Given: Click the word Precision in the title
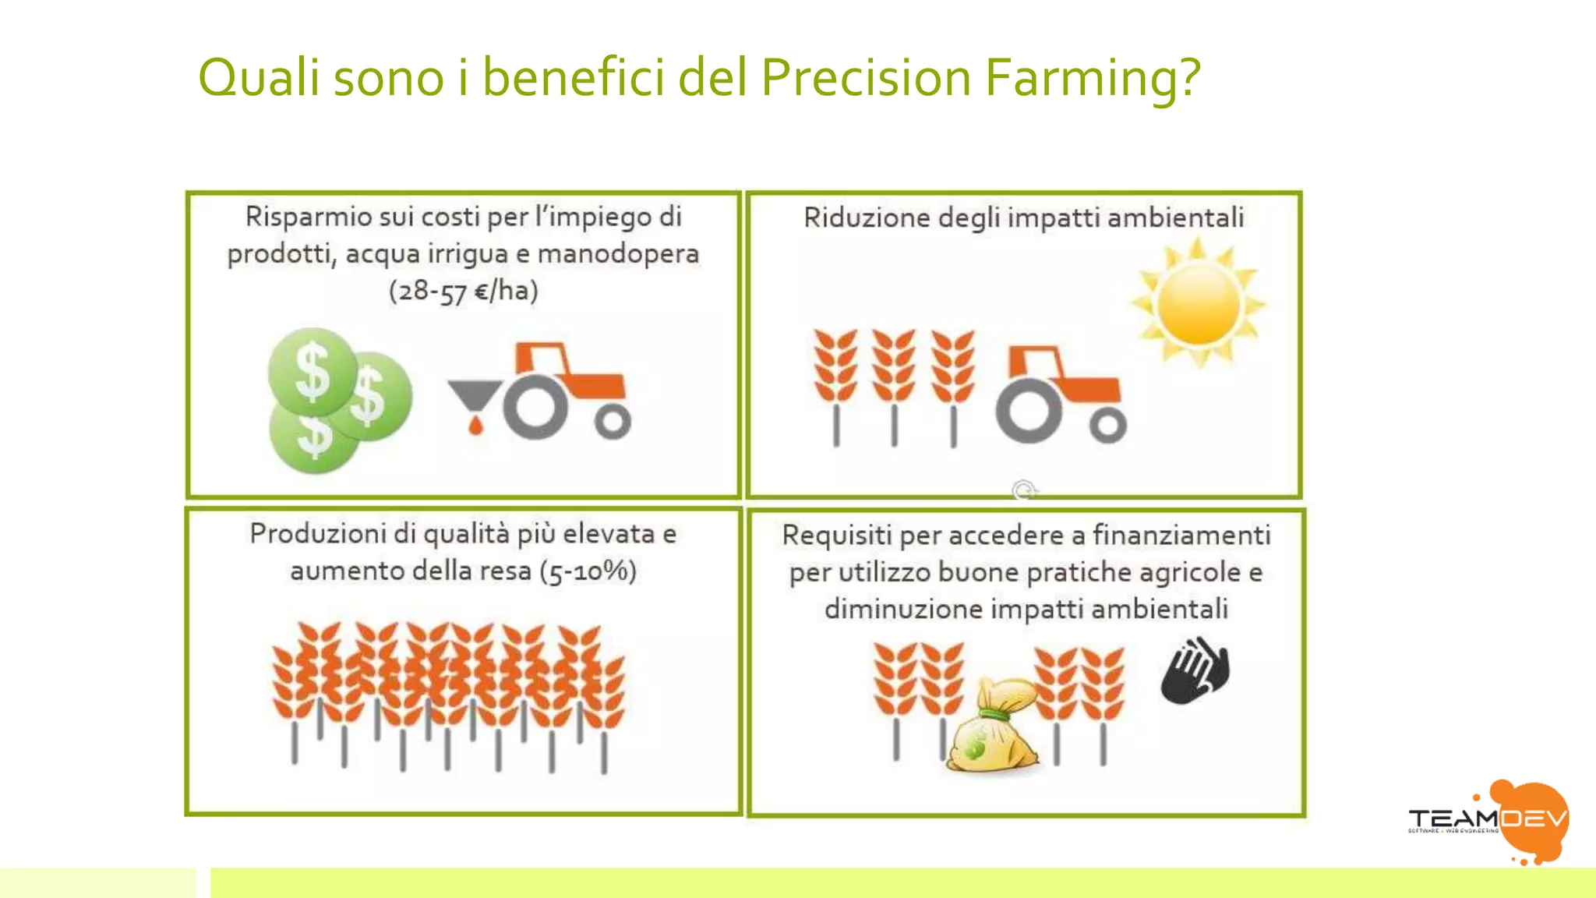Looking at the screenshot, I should coord(865,77).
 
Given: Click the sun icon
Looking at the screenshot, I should coord(1198,303).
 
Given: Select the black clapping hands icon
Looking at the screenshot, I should coord(1195,672).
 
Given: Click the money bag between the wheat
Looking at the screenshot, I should coord(991,729).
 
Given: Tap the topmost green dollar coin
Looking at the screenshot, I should coord(312,371).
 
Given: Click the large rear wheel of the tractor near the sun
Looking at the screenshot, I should coord(1029,411).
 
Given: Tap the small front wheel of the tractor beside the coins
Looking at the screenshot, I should coord(613,422).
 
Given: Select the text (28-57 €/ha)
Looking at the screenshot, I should coord(463,291).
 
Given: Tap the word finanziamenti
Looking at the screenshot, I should coord(1181,536).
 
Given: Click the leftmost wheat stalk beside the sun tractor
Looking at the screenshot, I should coord(835,386).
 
